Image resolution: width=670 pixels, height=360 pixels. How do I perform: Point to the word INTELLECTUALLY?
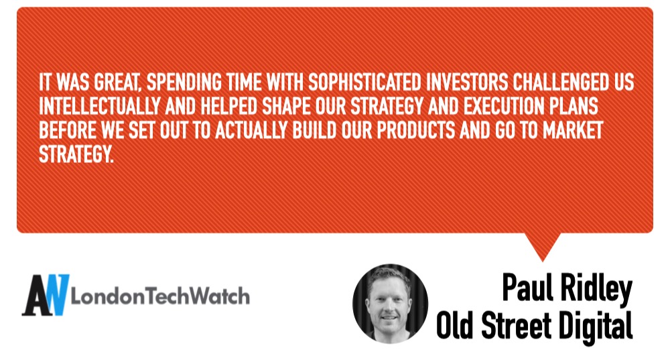[100, 107]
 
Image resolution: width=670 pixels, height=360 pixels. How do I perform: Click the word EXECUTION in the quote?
[501, 107]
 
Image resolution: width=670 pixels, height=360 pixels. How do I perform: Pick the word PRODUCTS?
[416, 131]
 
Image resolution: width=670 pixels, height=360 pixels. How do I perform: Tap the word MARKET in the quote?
[573, 131]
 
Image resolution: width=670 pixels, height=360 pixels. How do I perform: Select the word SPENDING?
[184, 82]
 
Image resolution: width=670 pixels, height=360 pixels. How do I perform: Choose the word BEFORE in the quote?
[68, 131]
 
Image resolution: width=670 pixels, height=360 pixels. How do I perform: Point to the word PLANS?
[571, 107]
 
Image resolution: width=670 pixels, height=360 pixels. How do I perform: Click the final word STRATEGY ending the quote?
[76, 154]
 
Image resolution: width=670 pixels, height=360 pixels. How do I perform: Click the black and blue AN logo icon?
[46, 295]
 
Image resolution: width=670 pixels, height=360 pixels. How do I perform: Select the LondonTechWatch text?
[160, 296]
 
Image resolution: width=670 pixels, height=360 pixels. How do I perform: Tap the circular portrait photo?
[390, 303]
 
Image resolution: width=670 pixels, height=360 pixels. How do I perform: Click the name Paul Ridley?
[567, 288]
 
